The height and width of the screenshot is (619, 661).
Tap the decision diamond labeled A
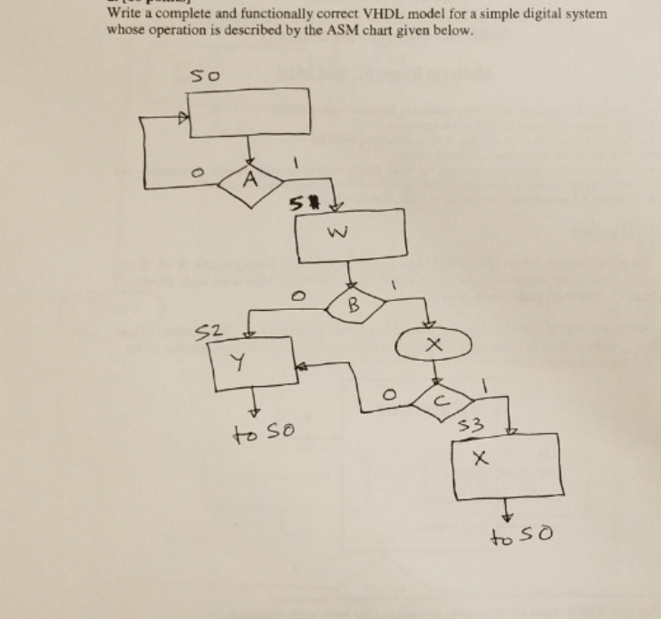click(245, 178)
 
